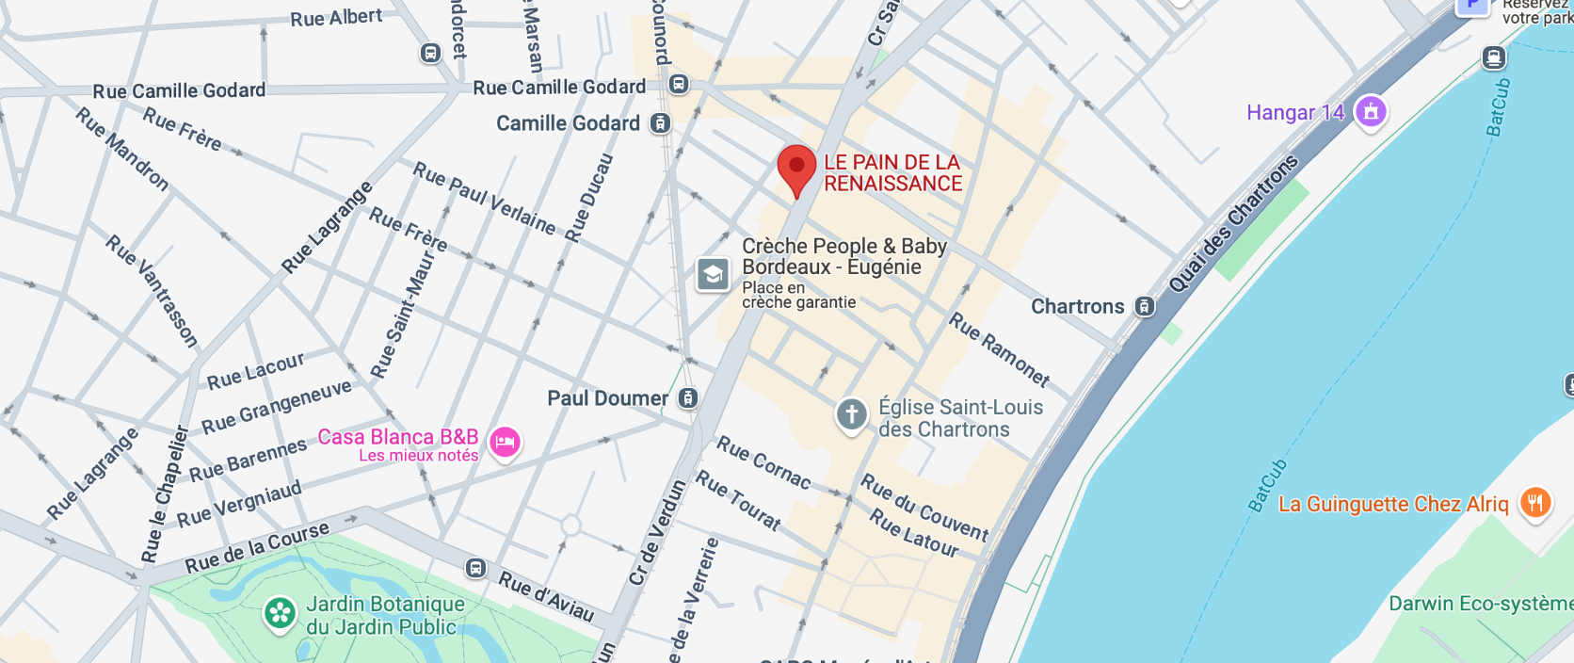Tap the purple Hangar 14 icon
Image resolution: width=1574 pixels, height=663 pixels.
1371,112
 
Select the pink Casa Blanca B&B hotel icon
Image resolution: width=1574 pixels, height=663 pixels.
505,442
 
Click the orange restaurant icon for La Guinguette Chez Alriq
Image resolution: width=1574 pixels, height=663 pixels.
1535,503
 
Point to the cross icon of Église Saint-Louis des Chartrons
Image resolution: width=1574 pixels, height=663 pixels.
851,414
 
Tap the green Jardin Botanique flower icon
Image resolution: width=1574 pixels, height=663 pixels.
280,614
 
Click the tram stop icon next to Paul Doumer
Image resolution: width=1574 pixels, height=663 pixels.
688,398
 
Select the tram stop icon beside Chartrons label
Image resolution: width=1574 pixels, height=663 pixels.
1144,306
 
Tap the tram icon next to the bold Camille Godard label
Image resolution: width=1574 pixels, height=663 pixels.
661,123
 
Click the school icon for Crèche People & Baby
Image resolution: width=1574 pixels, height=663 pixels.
713,274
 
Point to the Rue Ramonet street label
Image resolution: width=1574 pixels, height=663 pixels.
999,349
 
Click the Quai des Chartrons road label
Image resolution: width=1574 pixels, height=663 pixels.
1232,224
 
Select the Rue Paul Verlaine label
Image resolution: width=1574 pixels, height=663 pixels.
485,198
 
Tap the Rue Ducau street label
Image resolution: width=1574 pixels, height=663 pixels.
588,199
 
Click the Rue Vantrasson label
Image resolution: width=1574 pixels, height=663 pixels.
152,290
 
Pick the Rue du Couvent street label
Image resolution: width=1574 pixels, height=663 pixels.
924,508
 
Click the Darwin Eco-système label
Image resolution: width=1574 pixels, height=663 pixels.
1478,604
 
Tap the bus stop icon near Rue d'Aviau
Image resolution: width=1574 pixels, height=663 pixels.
476,568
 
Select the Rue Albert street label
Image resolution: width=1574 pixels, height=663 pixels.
336,18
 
